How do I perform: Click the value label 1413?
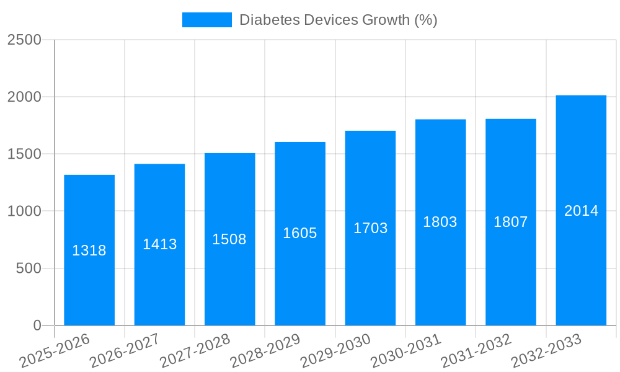[x=160, y=244]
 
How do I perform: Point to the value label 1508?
[x=229, y=239]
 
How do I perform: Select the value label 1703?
[x=371, y=228]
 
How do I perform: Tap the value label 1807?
[x=511, y=222]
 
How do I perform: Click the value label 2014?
[x=581, y=211]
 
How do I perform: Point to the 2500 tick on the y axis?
[x=24, y=40]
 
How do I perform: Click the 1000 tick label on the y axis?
[x=24, y=211]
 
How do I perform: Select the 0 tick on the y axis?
[x=37, y=325]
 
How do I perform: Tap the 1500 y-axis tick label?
[x=24, y=154]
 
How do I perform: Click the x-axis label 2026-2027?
[x=125, y=351]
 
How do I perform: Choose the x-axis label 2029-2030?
[x=335, y=351]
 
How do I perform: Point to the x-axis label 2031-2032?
[x=476, y=351]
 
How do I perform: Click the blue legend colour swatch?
[x=206, y=20]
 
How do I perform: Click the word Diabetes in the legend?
[x=269, y=20]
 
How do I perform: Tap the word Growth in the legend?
[x=385, y=20]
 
